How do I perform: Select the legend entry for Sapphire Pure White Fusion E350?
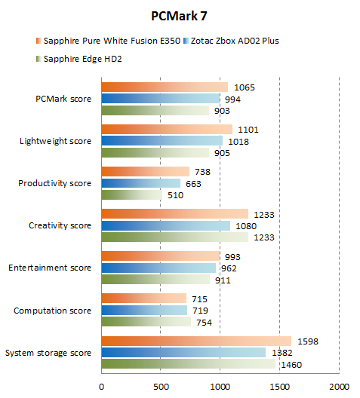click(109, 40)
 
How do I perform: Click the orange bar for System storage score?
click(196, 341)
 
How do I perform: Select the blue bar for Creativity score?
click(166, 225)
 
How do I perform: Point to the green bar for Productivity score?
click(131, 195)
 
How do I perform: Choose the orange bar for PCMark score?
click(165, 87)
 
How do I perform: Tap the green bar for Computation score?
click(146, 323)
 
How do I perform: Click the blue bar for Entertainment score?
click(158, 268)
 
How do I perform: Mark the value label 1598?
click(307, 341)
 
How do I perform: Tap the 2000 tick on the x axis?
click(339, 387)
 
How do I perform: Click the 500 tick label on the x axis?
click(161, 387)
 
